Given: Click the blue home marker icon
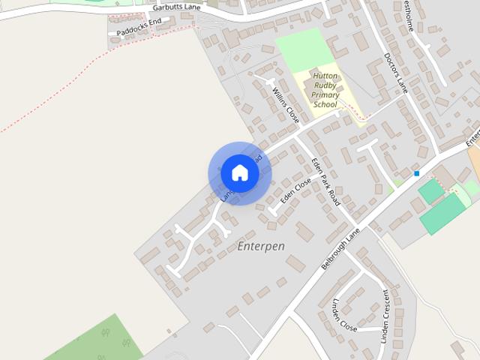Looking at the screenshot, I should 240,173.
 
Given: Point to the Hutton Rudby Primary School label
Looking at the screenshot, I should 325,91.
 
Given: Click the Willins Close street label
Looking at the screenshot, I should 286,106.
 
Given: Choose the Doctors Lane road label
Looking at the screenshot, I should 394,73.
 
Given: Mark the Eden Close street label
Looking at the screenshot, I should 295,191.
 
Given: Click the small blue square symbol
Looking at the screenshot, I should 416,173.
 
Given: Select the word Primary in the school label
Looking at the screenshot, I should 325,95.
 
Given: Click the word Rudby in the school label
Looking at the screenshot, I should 325,86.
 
